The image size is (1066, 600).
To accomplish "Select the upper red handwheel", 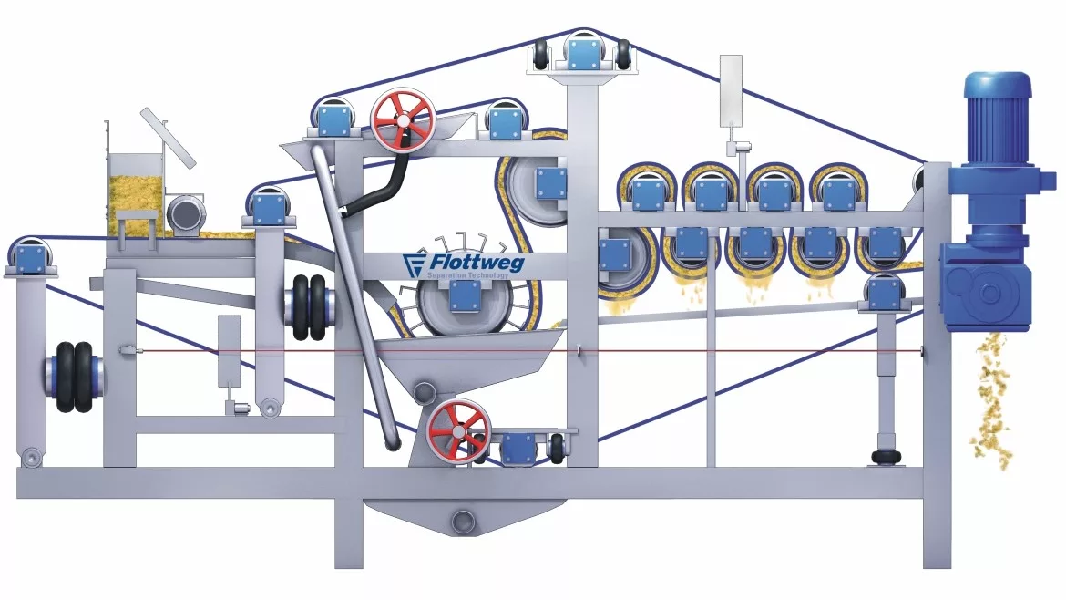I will (x=402, y=119).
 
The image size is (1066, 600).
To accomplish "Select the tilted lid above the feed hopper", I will (x=168, y=138).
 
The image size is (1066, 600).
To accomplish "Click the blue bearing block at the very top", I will (x=584, y=50).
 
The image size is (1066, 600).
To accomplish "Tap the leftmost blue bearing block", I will (x=31, y=255).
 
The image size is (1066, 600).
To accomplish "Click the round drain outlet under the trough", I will (x=464, y=522).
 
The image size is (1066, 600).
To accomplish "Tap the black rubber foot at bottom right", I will (x=882, y=456).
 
